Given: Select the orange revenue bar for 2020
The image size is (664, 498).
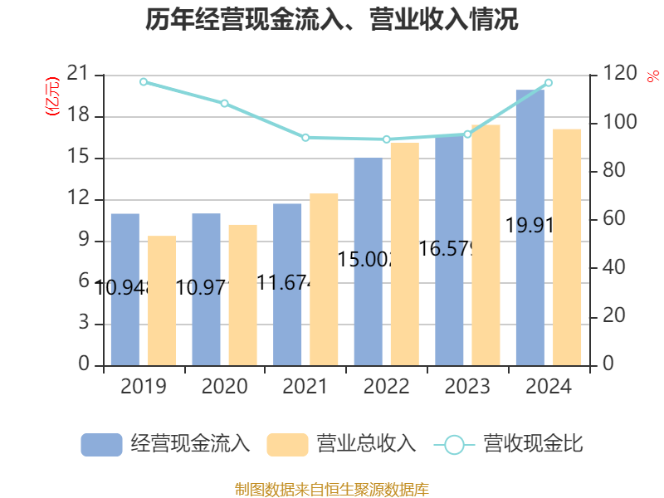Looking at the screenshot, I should click(x=243, y=295).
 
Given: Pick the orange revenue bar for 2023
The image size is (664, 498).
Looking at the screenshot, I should click(x=486, y=245).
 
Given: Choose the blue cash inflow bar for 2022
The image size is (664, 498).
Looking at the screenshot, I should click(x=368, y=261).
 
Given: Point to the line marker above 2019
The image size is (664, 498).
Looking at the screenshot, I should click(x=144, y=81).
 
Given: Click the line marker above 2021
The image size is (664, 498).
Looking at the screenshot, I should click(x=305, y=138).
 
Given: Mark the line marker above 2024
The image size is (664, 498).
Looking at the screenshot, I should click(x=548, y=83).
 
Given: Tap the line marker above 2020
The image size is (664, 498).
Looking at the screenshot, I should click(x=224, y=103).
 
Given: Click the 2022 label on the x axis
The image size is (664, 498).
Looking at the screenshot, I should click(x=386, y=387).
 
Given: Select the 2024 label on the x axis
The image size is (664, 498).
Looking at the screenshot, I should click(x=548, y=387).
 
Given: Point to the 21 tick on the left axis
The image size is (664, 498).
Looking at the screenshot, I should click(x=79, y=75).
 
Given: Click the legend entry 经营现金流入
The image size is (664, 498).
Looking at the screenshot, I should click(x=166, y=444).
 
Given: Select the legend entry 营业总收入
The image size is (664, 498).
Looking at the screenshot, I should click(x=342, y=444).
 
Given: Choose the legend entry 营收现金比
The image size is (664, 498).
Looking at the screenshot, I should click(x=508, y=444).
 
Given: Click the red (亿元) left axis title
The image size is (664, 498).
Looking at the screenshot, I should click(x=53, y=95).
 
